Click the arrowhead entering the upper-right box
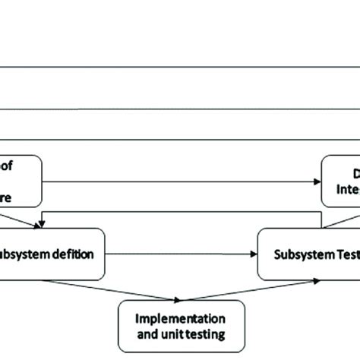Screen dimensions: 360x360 coord(317,181)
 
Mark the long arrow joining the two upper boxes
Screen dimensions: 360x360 coord(182,181)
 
